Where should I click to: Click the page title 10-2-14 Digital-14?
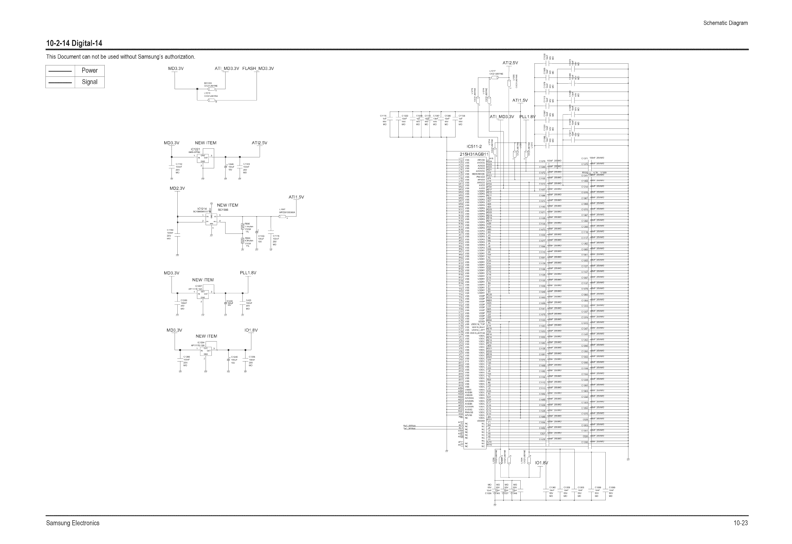(x=74, y=43)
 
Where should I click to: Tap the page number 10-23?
(x=740, y=523)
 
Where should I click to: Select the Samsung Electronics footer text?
(x=73, y=523)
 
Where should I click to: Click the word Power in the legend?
(x=90, y=71)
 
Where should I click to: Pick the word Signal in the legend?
(x=90, y=82)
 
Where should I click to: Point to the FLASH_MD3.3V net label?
(x=258, y=69)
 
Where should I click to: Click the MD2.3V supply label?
(x=177, y=188)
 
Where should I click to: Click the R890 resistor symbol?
(x=243, y=226)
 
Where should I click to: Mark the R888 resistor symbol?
(x=243, y=240)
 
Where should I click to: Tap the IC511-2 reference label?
(x=474, y=146)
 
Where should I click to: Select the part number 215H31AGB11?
(x=474, y=154)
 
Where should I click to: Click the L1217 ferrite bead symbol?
(x=494, y=78)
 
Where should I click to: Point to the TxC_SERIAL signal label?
(x=409, y=429)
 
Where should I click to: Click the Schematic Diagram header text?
(x=726, y=23)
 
